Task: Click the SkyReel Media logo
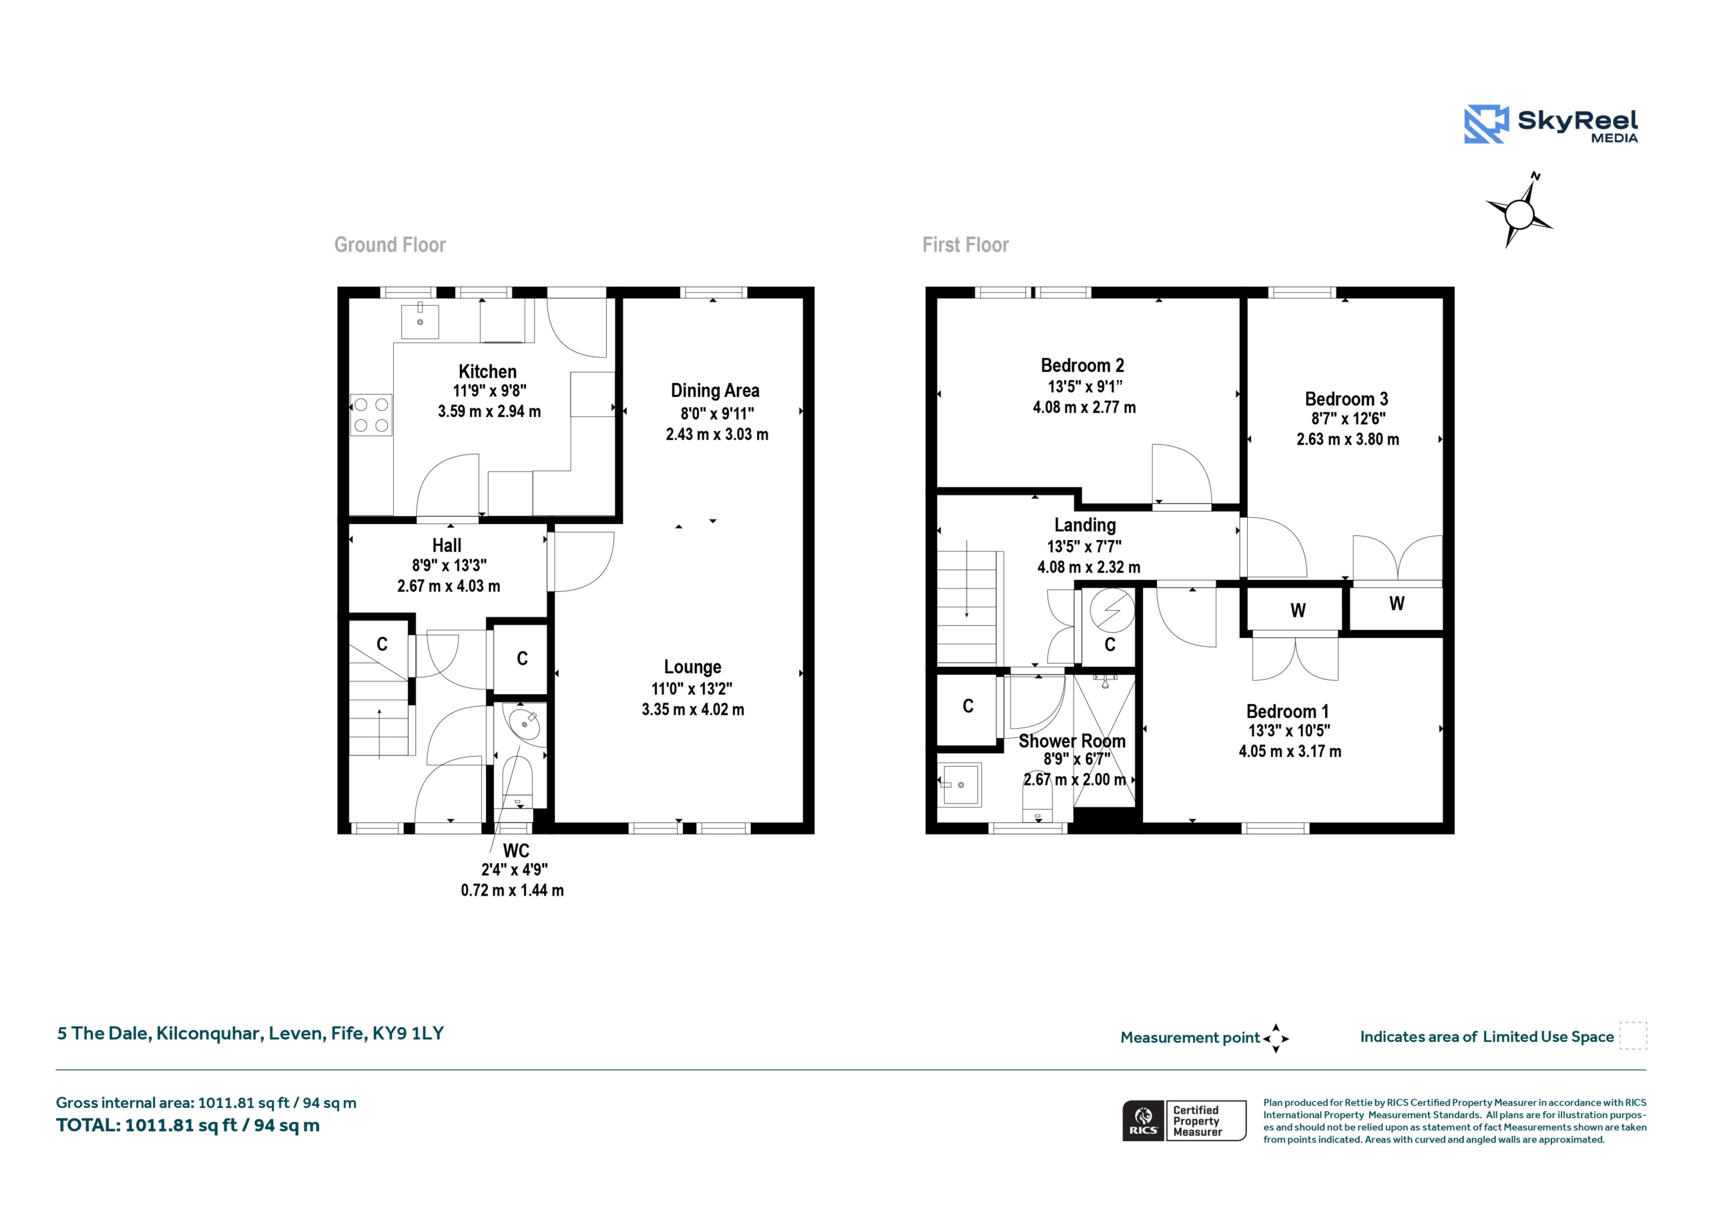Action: click(1551, 123)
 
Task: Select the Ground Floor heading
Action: click(390, 245)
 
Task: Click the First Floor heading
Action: click(965, 245)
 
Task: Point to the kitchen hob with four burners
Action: click(371, 414)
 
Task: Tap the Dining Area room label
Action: click(715, 390)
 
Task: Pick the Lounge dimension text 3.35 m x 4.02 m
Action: click(693, 709)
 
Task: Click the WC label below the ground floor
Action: click(516, 851)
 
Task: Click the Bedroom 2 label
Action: click(1082, 366)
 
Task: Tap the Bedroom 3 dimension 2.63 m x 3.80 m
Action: click(1348, 439)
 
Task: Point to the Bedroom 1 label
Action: click(1288, 711)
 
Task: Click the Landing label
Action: click(1085, 525)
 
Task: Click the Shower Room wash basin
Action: click(959, 784)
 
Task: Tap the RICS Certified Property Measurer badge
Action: click(1184, 1120)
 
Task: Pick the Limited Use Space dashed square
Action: click(1633, 1036)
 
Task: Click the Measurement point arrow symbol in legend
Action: click(1276, 1038)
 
